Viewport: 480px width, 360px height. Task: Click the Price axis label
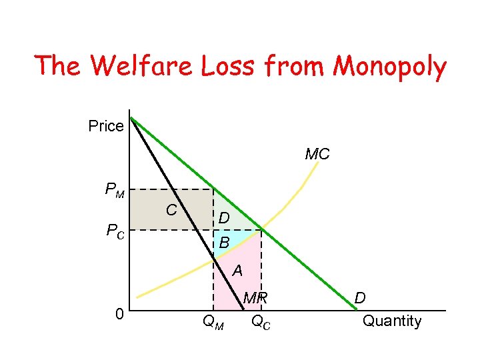106,126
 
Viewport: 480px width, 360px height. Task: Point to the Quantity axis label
392,321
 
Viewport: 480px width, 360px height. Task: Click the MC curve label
317,155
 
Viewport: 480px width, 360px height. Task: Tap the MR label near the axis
255,299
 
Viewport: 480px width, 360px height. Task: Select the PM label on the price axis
115,190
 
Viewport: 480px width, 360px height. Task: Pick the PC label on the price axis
115,231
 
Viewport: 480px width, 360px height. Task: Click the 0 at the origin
118,313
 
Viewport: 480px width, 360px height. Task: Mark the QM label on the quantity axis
213,324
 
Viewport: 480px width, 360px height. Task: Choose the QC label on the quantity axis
261,323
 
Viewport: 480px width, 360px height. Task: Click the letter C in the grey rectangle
171,211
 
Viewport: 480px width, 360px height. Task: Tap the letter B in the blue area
224,244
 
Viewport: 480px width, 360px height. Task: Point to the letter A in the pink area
237,271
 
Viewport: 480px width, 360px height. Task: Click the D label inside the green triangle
225,218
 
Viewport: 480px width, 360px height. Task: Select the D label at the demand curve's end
359,297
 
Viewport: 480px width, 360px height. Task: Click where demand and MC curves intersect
261,230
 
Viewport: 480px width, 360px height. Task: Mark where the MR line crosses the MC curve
213,259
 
